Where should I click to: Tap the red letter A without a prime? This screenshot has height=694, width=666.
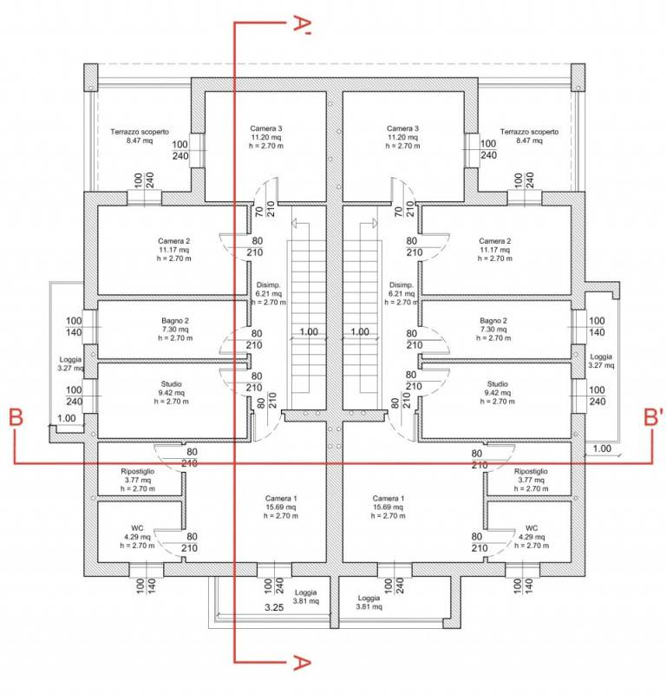click(303, 663)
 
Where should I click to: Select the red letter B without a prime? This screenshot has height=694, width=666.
click(16, 417)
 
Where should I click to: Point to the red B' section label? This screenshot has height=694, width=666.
click(653, 417)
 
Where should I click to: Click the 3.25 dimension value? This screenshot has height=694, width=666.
click(274, 607)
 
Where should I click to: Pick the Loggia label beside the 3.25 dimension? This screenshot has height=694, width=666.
click(306, 593)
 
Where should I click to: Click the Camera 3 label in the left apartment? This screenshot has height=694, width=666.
click(266, 128)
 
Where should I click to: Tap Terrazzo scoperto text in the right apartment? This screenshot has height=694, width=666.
click(529, 132)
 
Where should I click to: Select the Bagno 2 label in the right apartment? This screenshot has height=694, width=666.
click(493, 320)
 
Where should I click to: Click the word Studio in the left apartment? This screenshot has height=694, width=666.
click(171, 383)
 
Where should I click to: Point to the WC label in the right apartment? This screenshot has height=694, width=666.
click(532, 528)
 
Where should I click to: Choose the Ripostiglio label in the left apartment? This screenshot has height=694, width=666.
click(138, 471)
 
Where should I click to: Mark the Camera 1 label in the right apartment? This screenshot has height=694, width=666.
click(388, 498)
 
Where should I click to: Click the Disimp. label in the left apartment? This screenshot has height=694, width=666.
click(268, 285)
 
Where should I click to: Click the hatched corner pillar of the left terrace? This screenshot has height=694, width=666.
click(91, 77)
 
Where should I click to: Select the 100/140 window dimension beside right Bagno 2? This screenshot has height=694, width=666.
click(597, 326)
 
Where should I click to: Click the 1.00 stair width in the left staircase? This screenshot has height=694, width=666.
click(309, 331)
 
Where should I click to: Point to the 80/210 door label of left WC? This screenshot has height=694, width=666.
click(190, 542)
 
